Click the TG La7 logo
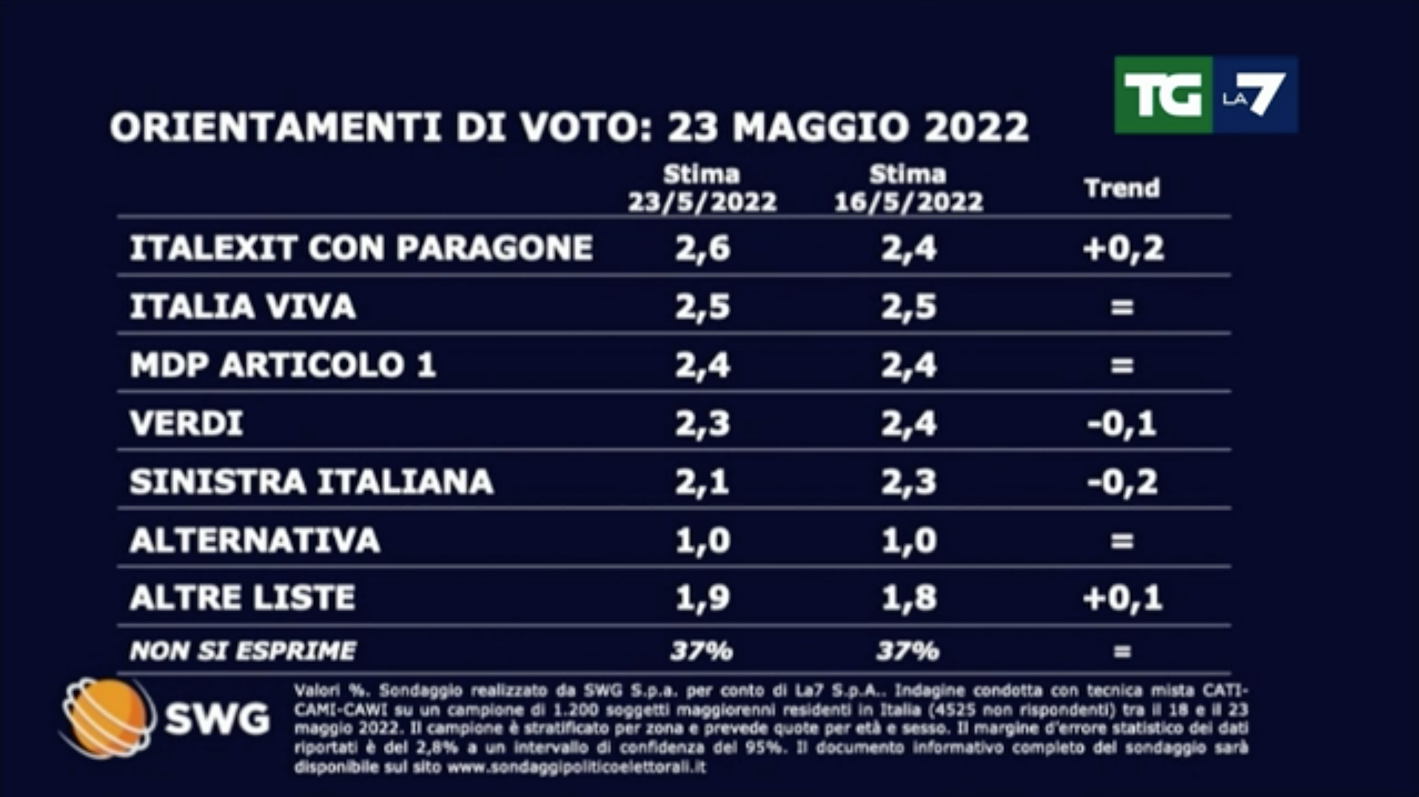[1205, 95]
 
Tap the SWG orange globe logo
[107, 717]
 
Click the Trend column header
[1121, 188]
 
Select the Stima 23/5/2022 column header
[702, 188]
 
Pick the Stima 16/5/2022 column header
[908, 188]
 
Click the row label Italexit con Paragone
[361, 248]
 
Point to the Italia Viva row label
[243, 307]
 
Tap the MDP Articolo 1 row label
[283, 365]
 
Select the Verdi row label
[187, 424]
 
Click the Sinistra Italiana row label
[311, 481]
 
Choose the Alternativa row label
[255, 540]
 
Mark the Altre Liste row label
[243, 598]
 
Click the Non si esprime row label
[243, 651]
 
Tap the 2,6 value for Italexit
[702, 248]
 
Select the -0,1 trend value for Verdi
[1121, 424]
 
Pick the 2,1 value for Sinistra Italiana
[702, 481]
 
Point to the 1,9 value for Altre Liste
[702, 598]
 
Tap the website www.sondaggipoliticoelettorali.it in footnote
[576, 767]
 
